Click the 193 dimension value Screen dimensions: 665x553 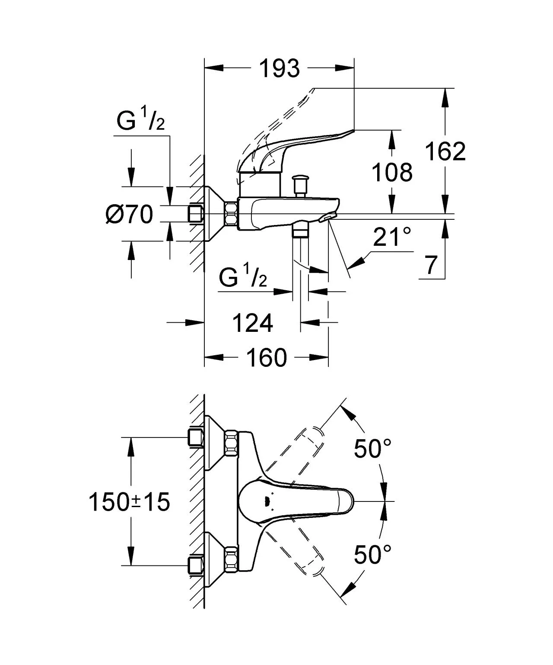(x=280, y=68)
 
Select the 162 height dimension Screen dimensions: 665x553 (x=445, y=151)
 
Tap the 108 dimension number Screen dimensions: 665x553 (x=392, y=172)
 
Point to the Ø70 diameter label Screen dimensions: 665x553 (x=129, y=214)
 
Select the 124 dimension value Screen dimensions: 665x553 (x=253, y=323)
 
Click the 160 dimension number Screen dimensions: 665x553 (x=266, y=357)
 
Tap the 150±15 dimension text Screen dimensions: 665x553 (x=129, y=502)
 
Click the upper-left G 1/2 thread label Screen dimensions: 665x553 (x=141, y=122)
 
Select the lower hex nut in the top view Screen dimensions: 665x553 (x=231, y=559)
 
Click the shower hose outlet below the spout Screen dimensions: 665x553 (x=301, y=231)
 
